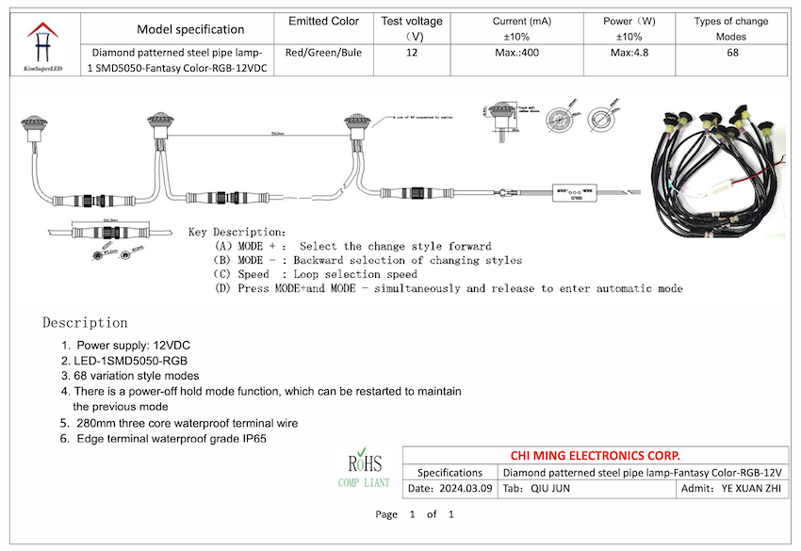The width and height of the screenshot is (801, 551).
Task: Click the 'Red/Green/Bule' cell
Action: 322,53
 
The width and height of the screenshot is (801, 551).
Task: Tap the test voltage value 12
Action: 412,53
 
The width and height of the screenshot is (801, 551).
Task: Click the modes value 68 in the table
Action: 731,53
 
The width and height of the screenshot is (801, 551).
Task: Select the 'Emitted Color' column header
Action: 322,22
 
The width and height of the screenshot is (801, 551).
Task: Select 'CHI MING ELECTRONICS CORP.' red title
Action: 596,455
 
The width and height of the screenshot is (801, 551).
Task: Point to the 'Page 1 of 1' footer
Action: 415,514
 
